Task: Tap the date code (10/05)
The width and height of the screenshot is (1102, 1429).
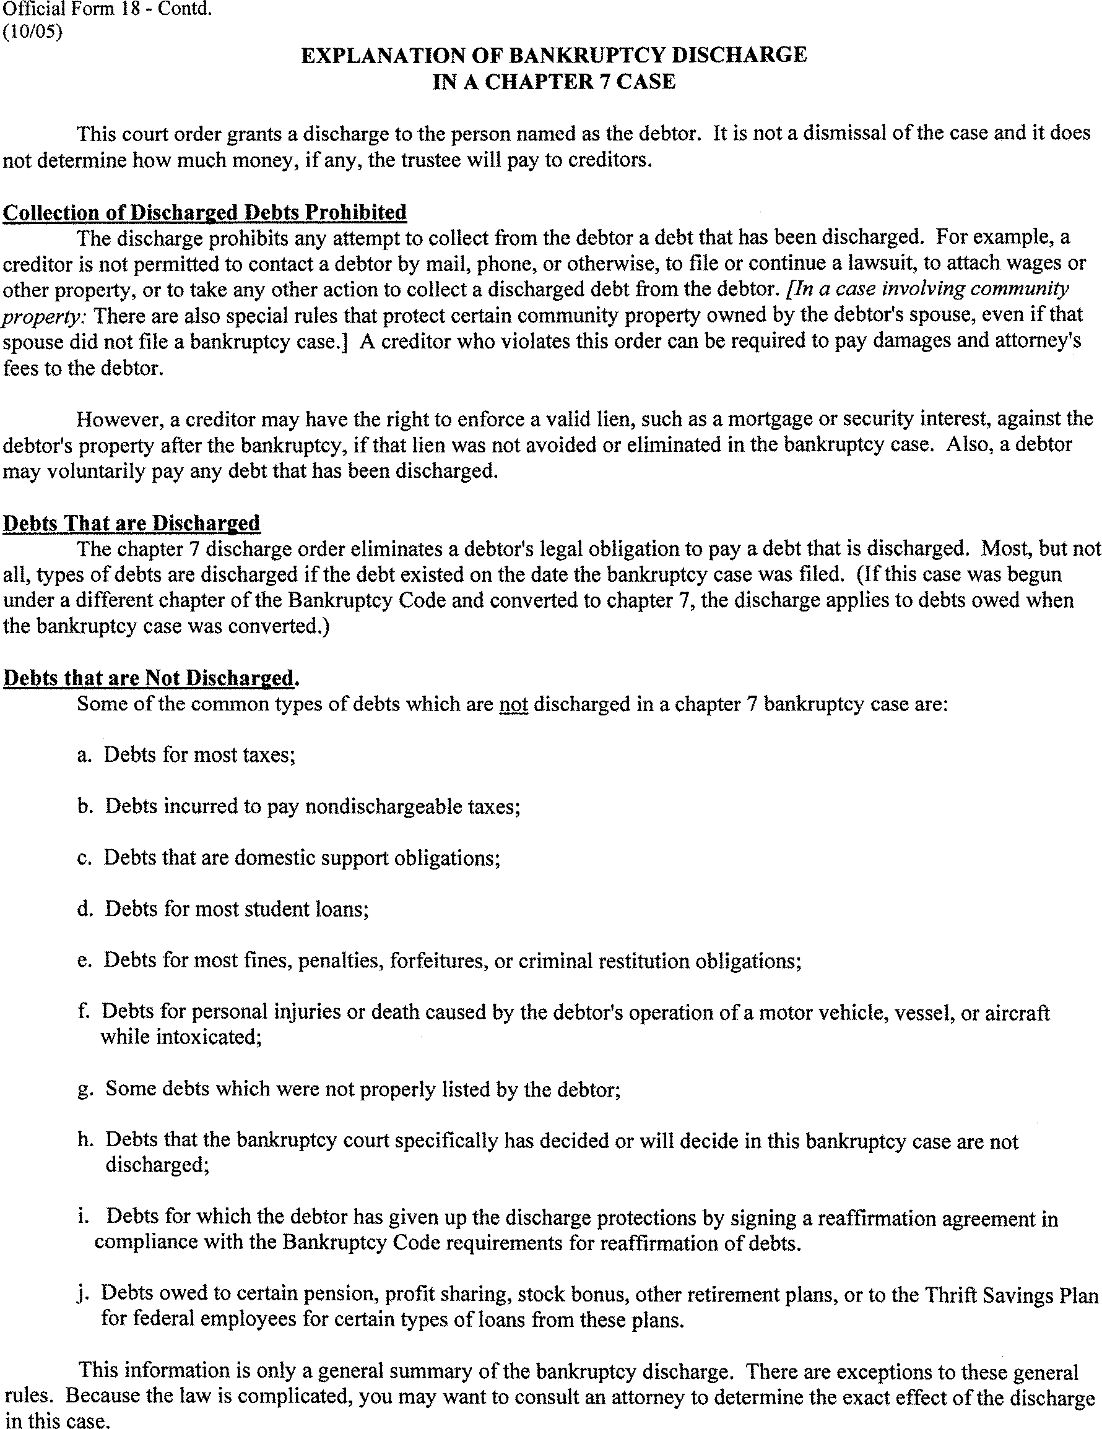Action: point(33,32)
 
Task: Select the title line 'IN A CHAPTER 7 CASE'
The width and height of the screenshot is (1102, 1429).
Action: point(553,82)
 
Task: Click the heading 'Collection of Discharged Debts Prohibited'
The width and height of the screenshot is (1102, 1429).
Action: point(205,212)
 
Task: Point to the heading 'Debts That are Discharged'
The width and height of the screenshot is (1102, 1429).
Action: point(131,523)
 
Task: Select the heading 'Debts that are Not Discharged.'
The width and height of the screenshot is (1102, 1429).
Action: point(151,678)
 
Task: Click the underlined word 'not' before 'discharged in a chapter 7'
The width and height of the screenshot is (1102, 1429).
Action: point(513,704)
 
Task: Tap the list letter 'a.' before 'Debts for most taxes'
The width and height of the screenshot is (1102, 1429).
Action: point(84,755)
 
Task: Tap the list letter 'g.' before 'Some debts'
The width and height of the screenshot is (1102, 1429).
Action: point(85,1089)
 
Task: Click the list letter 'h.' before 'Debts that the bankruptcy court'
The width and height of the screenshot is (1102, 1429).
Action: point(85,1140)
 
